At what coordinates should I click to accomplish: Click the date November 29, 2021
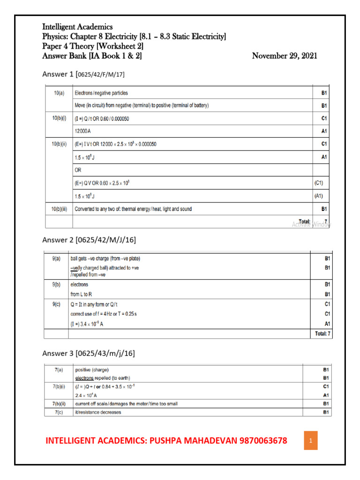coord(284,56)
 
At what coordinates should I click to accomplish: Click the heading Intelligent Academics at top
coord(77,27)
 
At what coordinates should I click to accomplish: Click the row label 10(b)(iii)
coord(59,209)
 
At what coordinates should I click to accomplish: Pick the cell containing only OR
coord(79,170)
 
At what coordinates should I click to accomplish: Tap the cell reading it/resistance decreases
coord(97,412)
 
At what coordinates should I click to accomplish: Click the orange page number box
coord(310,441)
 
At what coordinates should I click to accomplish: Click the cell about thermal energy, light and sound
coord(133,209)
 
